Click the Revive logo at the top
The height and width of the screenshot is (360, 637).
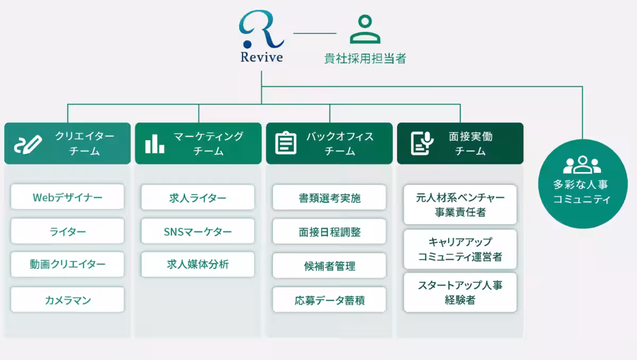(x=261, y=37)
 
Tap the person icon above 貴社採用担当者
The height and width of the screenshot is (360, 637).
(x=365, y=30)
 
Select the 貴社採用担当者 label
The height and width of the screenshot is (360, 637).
(x=365, y=58)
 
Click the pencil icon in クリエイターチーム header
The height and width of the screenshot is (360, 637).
(x=27, y=143)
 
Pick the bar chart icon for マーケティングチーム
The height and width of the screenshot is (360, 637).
(x=154, y=143)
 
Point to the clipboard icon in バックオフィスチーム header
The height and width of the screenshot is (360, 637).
(x=286, y=143)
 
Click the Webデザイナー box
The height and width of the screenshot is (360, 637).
(x=67, y=198)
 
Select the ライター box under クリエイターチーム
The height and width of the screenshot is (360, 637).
(x=67, y=232)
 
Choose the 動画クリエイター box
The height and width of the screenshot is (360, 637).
(x=67, y=264)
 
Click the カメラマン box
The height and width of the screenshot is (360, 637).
(x=67, y=300)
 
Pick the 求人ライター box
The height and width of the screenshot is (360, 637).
(x=198, y=198)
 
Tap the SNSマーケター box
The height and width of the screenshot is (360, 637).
(x=198, y=232)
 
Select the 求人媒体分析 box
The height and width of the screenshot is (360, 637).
(x=198, y=264)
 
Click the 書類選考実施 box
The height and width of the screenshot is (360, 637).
(x=329, y=198)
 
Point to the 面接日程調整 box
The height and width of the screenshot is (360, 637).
(x=329, y=232)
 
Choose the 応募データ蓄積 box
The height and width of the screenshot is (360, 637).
(x=329, y=300)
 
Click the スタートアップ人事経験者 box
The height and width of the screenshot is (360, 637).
(x=460, y=293)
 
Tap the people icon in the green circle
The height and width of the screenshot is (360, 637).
(x=582, y=165)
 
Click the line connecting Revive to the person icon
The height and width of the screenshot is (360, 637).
(x=315, y=33)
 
